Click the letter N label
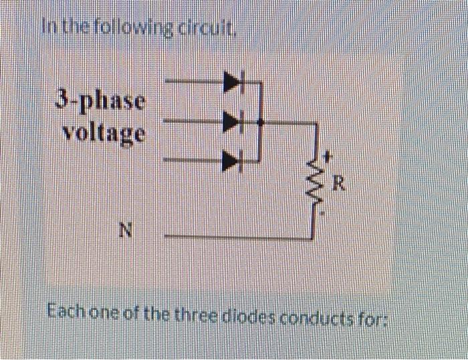124,232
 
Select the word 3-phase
100,103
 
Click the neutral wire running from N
234,236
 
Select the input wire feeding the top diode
194,82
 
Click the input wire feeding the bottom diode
194,160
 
